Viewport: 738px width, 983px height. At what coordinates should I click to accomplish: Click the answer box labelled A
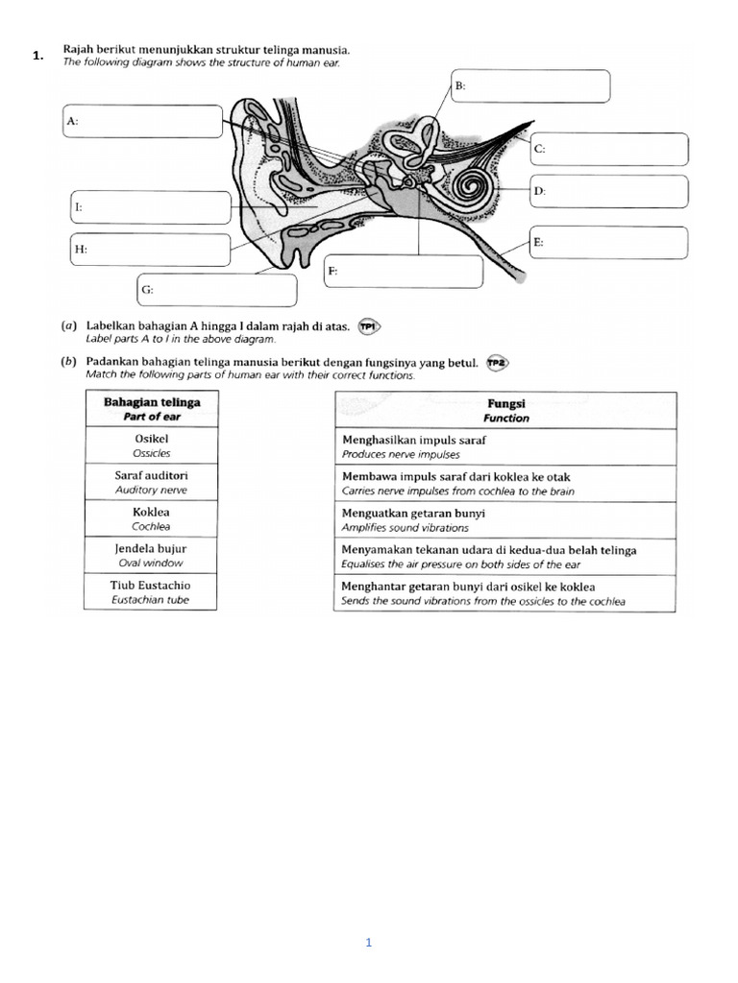point(143,122)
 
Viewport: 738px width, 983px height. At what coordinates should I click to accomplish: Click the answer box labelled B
point(530,85)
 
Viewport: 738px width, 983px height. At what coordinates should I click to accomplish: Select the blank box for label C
point(609,149)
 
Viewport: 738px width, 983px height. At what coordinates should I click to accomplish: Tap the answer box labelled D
point(609,191)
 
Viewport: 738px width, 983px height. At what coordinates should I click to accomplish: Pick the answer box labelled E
point(609,243)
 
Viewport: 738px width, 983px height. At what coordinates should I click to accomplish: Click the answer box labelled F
point(403,272)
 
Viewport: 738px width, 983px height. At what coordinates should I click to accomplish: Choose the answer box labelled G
point(216,289)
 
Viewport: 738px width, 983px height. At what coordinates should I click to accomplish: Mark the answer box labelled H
point(150,250)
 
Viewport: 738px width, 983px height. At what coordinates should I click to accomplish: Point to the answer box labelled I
point(150,207)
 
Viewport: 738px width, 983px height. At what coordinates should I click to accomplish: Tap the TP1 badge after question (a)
point(369,326)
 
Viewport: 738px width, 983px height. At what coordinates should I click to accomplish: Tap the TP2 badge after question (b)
point(497,362)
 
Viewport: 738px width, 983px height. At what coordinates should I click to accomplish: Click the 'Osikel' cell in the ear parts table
point(150,444)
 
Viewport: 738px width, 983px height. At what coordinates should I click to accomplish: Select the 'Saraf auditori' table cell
point(150,481)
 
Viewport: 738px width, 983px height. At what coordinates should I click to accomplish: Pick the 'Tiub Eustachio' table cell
point(150,591)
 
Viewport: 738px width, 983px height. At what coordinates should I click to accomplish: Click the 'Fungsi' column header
point(505,411)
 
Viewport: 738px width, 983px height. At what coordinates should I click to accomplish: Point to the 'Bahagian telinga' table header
point(151,409)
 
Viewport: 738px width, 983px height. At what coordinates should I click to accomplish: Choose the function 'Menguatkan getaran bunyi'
point(505,520)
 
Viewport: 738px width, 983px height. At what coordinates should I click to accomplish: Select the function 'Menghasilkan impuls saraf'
point(505,446)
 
